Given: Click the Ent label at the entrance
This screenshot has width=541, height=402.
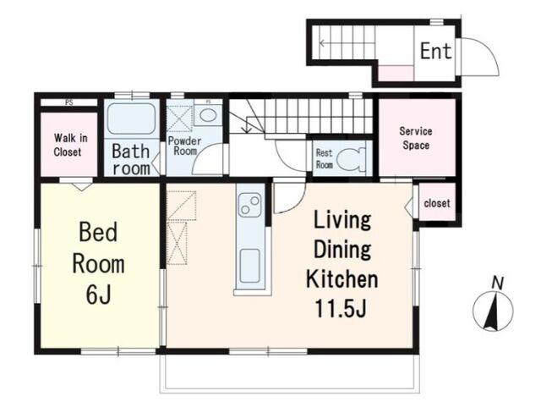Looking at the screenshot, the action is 436,51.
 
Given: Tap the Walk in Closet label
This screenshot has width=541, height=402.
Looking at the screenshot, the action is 70,145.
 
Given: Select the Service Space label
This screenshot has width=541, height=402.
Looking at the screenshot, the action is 416,138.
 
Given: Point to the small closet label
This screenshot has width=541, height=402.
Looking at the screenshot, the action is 437,203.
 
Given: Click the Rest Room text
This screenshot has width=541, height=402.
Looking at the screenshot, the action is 325,159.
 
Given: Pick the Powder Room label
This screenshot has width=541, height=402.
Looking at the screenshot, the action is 184,146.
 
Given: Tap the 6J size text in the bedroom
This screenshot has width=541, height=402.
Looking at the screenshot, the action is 98,295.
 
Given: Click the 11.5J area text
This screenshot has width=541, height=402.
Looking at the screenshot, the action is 340,308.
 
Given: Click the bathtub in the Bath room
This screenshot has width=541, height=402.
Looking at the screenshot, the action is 131,118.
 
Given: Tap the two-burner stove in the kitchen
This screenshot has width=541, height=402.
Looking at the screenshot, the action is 250,205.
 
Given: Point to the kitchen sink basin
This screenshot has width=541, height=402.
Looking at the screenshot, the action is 250,265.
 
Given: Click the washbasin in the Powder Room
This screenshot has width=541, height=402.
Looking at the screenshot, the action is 208,115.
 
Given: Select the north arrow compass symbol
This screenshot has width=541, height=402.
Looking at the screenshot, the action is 493,311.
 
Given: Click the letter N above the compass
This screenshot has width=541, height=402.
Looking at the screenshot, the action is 498,284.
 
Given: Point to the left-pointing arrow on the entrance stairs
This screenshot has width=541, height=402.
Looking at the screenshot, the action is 347,43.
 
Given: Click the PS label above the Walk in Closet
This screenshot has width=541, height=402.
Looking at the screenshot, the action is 69,102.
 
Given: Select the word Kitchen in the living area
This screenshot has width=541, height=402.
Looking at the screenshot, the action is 342,279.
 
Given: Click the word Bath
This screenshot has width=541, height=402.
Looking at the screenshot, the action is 131,151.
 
